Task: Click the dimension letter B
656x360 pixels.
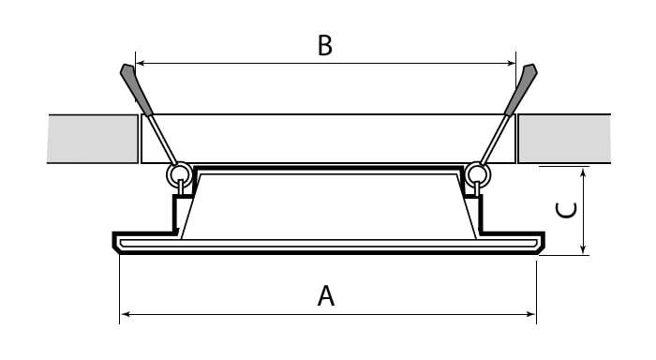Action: click(325, 45)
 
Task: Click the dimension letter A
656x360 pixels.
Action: click(326, 296)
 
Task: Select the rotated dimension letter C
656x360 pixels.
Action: click(566, 210)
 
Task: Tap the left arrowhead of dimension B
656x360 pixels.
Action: click(141, 63)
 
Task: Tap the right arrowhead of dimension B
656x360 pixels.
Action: click(512, 63)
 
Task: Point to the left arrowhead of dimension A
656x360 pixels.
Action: click(125, 314)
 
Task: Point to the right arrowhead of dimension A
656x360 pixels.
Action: click(531, 314)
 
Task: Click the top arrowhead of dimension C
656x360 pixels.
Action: click(584, 172)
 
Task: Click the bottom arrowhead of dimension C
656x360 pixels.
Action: click(584, 250)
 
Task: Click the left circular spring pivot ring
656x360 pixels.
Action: click(180, 174)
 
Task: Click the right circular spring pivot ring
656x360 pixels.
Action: click(478, 174)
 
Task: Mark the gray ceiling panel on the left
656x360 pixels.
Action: click(93, 139)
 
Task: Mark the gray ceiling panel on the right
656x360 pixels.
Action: click(564, 139)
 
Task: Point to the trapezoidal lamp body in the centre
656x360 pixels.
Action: click(329, 205)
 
